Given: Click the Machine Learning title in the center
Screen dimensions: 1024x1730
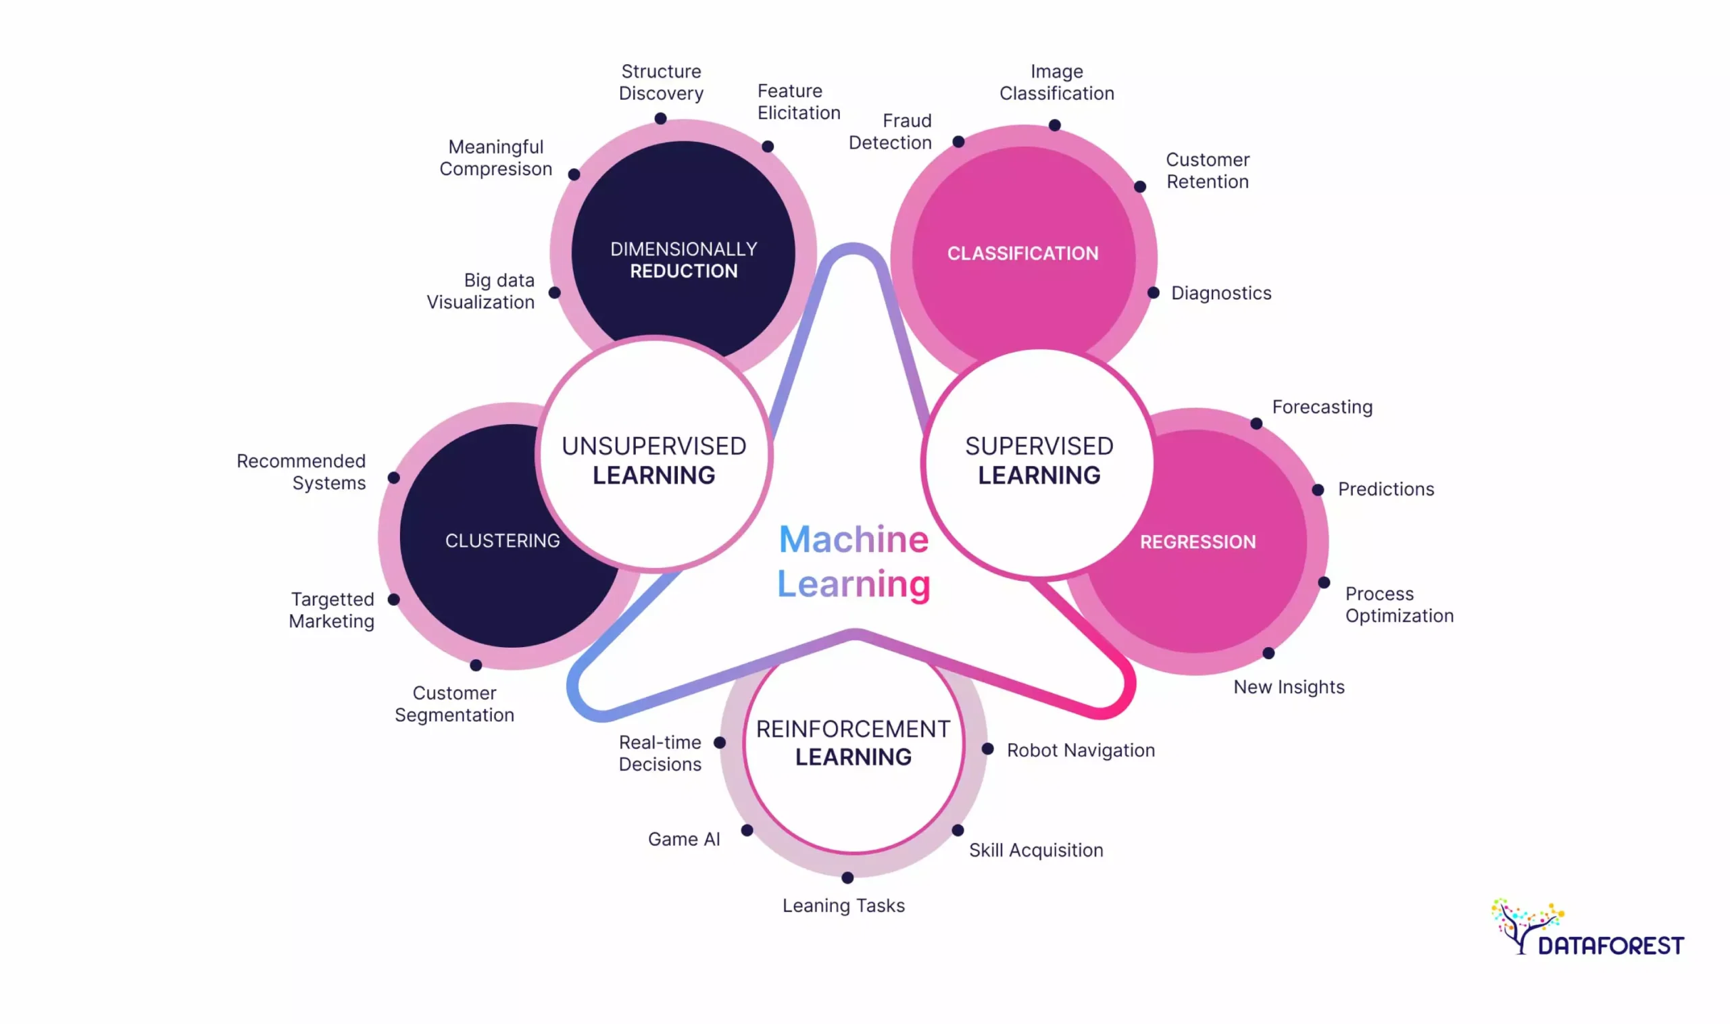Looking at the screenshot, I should (854, 561).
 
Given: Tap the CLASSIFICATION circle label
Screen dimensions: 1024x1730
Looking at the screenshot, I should (1022, 253).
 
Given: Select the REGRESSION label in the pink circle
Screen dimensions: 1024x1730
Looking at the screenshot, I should (1197, 542).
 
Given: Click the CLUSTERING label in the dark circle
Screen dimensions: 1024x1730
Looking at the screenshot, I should (502, 540).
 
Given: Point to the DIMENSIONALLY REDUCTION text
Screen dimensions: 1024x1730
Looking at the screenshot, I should (683, 259).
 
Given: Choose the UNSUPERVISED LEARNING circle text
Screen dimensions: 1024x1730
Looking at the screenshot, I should (653, 460).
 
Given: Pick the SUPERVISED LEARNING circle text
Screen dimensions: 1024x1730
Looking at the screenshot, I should (1038, 460).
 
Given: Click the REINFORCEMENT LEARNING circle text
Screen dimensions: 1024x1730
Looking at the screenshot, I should (853, 742).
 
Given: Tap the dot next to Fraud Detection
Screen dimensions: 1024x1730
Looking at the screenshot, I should (958, 141).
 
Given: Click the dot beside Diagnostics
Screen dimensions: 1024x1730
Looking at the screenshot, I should (1153, 292).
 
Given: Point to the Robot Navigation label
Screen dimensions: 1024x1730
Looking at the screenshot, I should (1080, 750).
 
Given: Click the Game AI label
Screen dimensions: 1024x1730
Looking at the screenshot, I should (683, 839).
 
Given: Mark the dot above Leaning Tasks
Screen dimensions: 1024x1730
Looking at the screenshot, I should (847, 877).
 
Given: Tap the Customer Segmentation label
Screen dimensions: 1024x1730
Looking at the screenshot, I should (453, 704).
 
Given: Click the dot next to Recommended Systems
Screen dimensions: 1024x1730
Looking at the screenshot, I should (393, 478).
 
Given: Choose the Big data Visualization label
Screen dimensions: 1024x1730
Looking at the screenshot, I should (480, 290).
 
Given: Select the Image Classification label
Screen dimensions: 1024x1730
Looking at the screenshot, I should (1056, 82).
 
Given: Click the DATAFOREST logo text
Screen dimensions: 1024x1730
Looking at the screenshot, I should (1610, 946).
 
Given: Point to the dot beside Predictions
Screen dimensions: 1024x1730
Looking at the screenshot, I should (1317, 490).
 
